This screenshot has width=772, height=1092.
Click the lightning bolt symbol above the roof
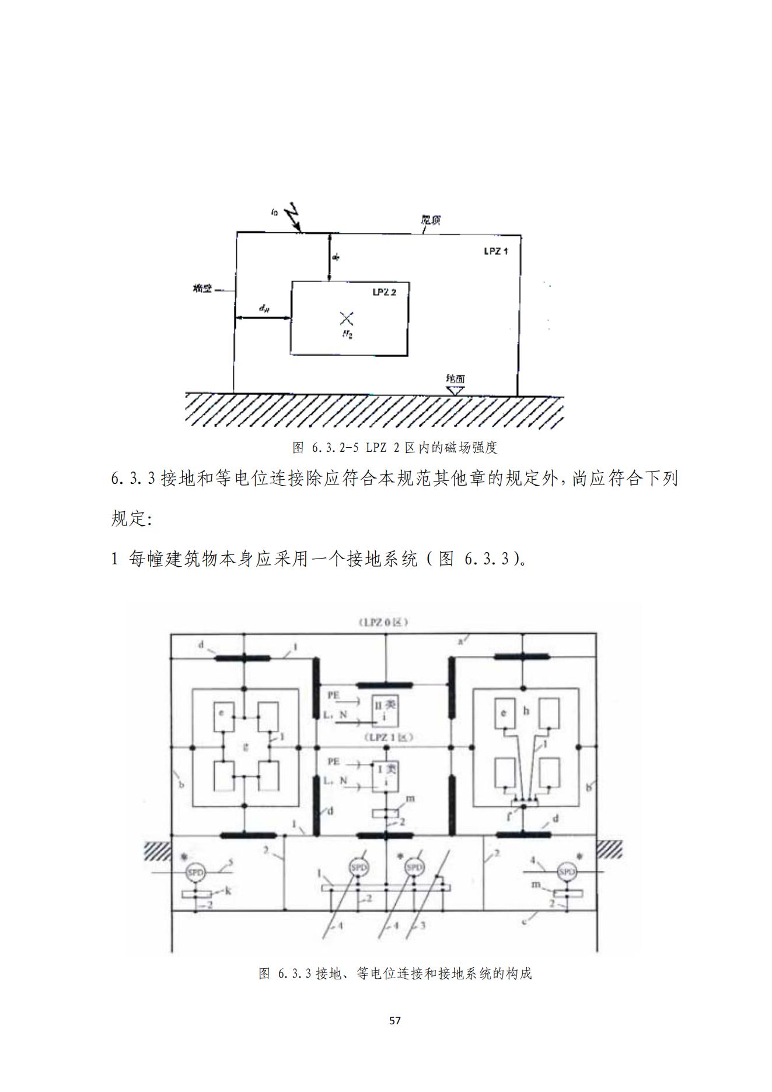(293, 217)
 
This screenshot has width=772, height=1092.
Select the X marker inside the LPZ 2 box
(347, 318)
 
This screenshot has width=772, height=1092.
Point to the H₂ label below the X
(347, 334)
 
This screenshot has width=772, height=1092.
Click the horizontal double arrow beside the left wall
(263, 318)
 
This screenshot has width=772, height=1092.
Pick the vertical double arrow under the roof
(330, 257)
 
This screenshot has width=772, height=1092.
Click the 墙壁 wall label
(202, 288)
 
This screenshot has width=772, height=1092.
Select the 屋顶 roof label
(431, 220)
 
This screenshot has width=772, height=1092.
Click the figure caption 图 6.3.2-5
(394, 448)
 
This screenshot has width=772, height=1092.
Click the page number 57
(395, 1021)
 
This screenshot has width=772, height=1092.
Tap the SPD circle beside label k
(195, 873)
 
